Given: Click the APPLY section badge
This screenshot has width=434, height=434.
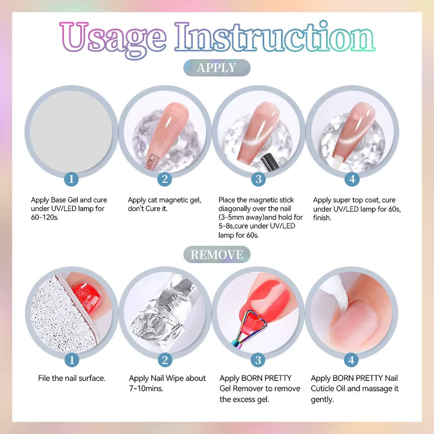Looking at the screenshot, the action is click(x=216, y=68).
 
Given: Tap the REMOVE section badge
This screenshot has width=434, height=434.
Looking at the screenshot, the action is click(x=216, y=254).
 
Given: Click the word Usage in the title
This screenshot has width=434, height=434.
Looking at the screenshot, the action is click(x=113, y=39).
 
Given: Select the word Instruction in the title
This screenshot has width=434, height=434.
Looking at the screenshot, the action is click(x=275, y=36).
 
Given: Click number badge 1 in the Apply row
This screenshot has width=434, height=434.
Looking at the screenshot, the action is click(x=71, y=179).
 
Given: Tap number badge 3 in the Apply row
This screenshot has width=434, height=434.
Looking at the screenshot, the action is click(x=258, y=179).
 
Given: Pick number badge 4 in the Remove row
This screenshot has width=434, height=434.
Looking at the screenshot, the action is click(x=351, y=360).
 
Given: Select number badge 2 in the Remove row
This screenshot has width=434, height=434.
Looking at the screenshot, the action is click(x=165, y=360).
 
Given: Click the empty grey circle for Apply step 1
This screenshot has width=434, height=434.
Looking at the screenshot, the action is click(x=71, y=132).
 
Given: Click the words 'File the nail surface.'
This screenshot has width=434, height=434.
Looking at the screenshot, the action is click(x=72, y=378).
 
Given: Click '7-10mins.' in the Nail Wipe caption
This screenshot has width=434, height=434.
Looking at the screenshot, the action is click(x=146, y=388).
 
